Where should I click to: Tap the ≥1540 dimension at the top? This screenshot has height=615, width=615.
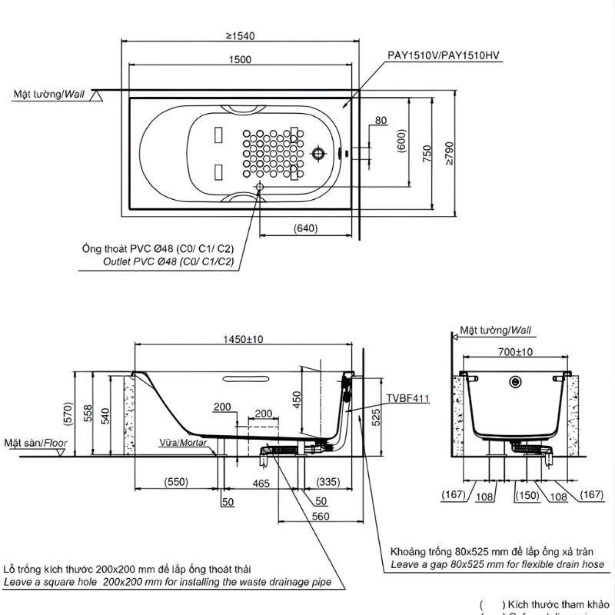(x=241, y=35)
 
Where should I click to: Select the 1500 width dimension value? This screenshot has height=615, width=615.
(x=241, y=61)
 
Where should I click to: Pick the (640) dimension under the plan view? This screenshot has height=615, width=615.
(x=305, y=228)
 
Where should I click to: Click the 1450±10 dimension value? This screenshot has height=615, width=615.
(x=244, y=339)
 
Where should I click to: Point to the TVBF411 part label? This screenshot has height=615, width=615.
(x=407, y=399)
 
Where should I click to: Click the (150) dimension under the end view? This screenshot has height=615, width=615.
(x=527, y=495)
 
